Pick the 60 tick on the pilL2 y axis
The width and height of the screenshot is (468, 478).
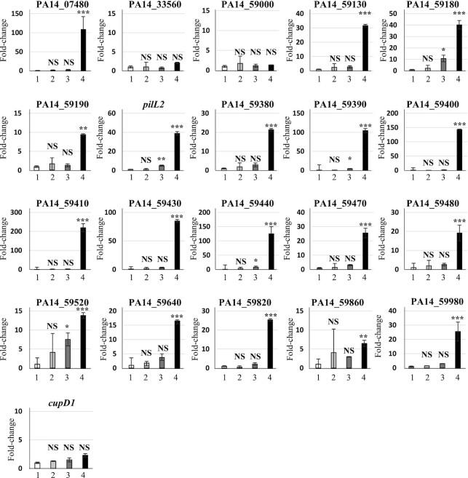pyautogui.click(x=111, y=113)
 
